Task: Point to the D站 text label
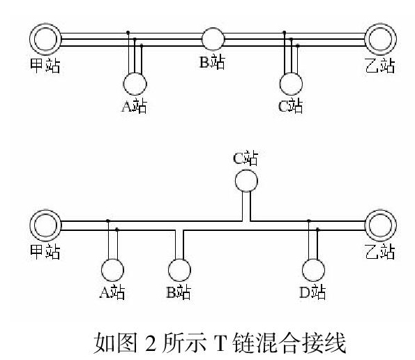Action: (312, 292)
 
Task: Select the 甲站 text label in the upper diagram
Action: (45, 66)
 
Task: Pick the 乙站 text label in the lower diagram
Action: (380, 251)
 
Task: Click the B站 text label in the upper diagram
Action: (212, 61)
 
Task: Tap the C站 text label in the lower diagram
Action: (246, 158)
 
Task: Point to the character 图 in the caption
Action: (127, 343)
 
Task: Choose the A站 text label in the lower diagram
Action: (112, 292)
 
